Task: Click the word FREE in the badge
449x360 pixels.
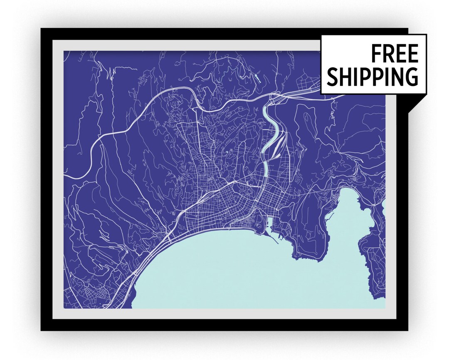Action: click(394, 54)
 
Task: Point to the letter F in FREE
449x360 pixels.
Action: click(375, 54)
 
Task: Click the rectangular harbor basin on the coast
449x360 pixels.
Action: click(269, 225)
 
